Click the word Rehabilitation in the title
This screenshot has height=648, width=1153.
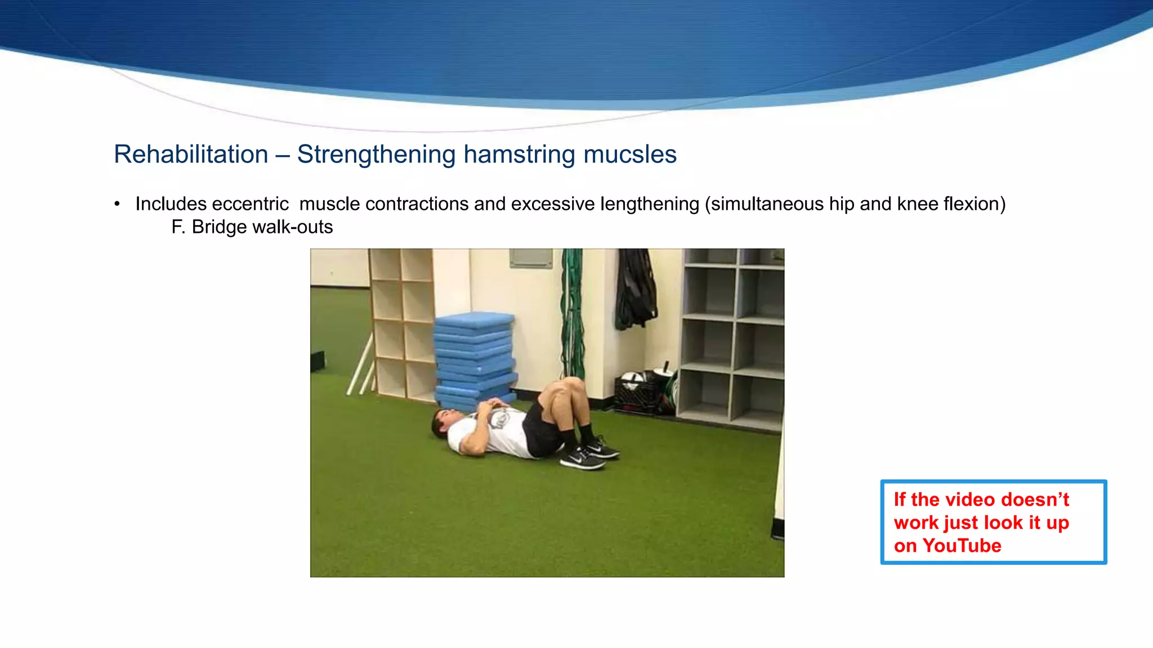coord(191,155)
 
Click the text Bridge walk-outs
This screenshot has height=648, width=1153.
coord(262,227)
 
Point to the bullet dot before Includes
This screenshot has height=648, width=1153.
coord(117,204)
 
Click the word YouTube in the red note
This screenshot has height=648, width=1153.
coord(962,546)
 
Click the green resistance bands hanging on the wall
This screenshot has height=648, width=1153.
coord(573,315)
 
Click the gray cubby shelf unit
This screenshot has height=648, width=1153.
coord(732,337)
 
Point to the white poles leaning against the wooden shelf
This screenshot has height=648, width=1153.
coord(361,366)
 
